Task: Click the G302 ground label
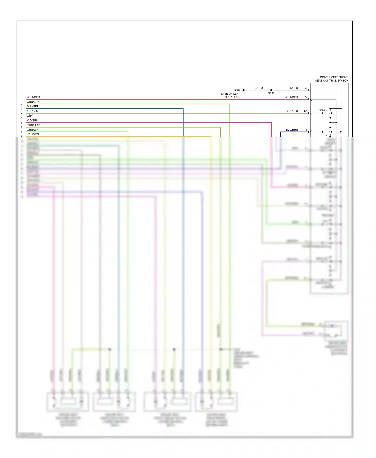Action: point(237,90)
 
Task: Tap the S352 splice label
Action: point(271,93)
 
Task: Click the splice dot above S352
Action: point(271,90)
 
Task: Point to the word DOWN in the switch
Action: point(323,110)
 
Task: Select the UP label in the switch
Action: point(327,135)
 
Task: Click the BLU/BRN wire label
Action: point(292,130)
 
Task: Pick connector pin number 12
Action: point(305,111)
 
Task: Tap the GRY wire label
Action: point(30,116)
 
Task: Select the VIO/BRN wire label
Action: point(32,120)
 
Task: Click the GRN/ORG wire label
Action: point(33,125)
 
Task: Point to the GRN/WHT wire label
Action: point(33,130)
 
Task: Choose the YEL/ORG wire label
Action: point(33,134)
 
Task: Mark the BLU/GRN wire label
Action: point(33,106)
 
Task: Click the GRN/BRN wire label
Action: point(33,102)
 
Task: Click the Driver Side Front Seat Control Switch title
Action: point(331,79)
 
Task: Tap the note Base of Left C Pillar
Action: point(230,95)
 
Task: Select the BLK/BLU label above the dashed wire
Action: point(257,88)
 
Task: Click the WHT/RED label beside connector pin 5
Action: point(291,97)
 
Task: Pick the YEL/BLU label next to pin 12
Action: point(292,111)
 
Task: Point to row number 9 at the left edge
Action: point(22,137)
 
